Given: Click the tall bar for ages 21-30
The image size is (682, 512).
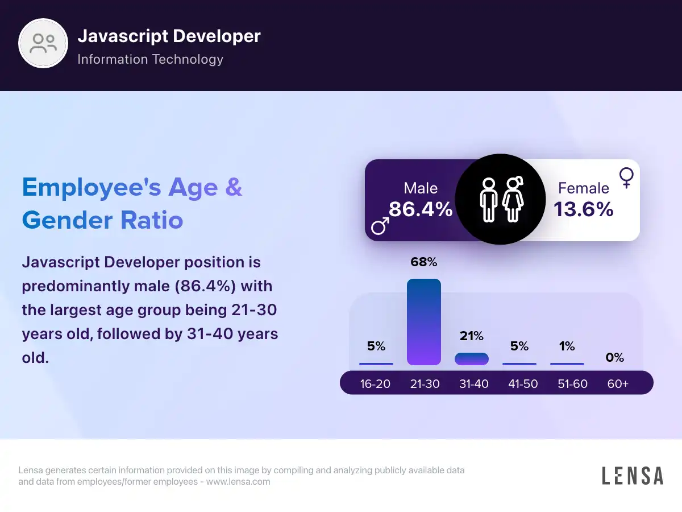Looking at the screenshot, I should pos(424,321).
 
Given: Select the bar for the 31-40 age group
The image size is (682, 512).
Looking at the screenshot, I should pos(472,359).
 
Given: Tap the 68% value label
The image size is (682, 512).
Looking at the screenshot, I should pos(424,262).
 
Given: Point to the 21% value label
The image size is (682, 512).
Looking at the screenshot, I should pos(472,336).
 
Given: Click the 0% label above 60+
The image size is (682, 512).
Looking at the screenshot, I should pos(615,358).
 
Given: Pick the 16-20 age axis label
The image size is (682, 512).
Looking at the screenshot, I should pos(375,384).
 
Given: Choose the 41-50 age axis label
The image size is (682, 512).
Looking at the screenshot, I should pos(523,384).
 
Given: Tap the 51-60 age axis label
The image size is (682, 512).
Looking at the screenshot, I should pos(572,384).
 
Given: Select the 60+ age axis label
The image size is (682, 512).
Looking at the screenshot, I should pos(618,384).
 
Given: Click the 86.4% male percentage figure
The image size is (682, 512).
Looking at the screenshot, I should pos(421,209).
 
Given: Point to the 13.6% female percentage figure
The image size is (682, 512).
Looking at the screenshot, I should pos(584,209).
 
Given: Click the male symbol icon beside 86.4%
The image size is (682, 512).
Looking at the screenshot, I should pos(380,226).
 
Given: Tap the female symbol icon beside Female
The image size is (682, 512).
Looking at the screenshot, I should pos(626,177).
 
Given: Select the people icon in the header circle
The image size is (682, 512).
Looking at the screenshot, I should pos(44,43).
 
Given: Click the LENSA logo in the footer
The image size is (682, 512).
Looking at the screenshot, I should pos(633,476).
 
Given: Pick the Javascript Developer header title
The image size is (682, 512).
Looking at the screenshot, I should pos(169,36).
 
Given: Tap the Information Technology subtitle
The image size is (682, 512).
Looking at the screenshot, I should pos(150,59).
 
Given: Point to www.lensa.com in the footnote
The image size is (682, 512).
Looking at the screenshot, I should pos(238,482).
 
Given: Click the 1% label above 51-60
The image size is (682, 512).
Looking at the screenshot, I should pos(567,346).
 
